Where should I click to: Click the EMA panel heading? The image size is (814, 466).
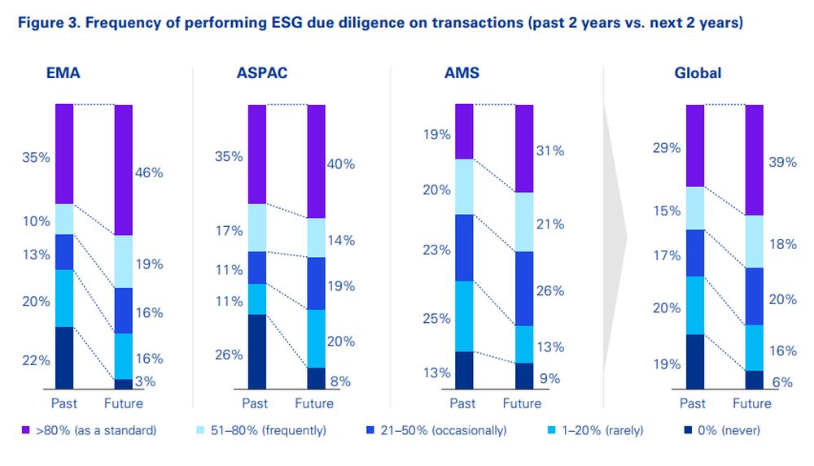63,73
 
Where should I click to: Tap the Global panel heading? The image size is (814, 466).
698,73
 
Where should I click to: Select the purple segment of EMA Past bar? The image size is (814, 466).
64,154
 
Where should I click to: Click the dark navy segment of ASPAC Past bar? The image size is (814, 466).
257,351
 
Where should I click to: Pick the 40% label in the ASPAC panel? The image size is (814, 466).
341,163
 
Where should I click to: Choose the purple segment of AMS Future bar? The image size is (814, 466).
524,148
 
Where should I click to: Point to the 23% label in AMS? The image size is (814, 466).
436,250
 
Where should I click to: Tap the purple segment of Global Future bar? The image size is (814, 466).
755,159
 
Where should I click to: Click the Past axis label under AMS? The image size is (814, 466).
462,403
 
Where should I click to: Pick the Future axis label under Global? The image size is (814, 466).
751,403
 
